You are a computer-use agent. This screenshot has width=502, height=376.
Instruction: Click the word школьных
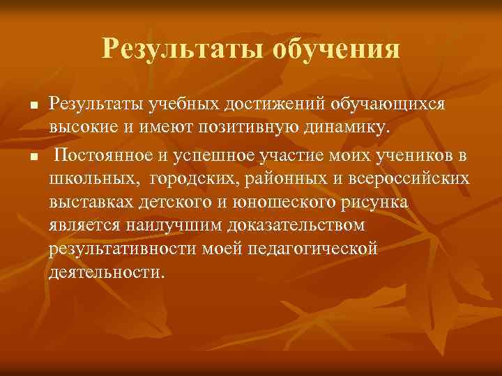93,178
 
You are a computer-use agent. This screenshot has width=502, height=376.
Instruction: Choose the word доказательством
285,226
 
